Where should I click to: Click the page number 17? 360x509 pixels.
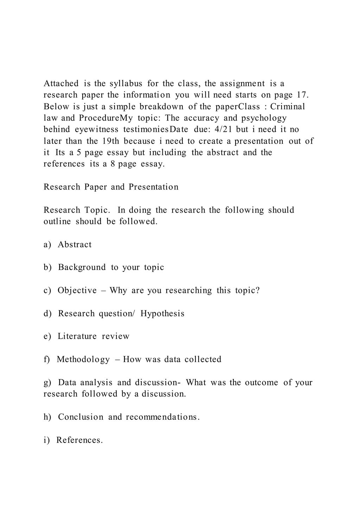point(302,95)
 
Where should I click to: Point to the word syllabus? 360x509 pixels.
point(126,84)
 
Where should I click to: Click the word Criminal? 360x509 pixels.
point(288,107)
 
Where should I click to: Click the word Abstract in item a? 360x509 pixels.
point(75,245)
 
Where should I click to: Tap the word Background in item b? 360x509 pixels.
point(82,268)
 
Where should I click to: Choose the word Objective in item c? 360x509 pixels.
point(77,291)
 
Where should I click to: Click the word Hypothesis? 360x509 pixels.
point(162,314)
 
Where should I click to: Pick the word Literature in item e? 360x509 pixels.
point(77,336)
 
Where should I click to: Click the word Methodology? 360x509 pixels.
point(83,360)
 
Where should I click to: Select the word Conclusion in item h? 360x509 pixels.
point(81,417)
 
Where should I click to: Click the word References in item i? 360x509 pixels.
point(79,440)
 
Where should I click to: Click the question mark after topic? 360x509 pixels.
point(258,291)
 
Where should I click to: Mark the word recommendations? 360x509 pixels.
point(162,417)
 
